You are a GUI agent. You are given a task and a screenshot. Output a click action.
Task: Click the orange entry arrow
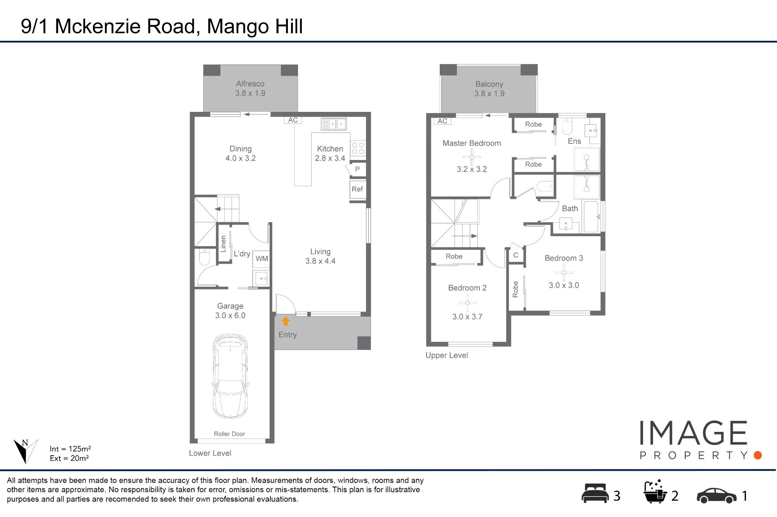click(x=286, y=321)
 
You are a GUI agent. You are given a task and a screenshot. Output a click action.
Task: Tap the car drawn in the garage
click(x=230, y=376)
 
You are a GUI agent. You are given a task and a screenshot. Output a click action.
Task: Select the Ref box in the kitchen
click(x=357, y=190)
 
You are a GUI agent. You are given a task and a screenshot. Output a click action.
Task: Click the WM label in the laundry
click(x=261, y=259)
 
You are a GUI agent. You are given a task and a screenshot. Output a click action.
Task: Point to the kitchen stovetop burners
click(x=358, y=148)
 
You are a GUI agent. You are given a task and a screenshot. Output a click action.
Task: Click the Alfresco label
click(x=250, y=84)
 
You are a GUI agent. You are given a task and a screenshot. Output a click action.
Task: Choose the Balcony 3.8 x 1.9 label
click(x=489, y=89)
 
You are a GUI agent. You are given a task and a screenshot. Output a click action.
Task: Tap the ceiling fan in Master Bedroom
click(x=472, y=157)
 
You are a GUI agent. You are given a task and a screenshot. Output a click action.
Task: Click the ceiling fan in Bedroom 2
click(x=467, y=303)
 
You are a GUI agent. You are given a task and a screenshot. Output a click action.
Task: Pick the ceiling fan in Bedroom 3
click(x=564, y=272)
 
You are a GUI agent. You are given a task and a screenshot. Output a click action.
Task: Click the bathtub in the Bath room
click(x=591, y=217)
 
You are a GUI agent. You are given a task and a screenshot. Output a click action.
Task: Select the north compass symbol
click(x=26, y=451)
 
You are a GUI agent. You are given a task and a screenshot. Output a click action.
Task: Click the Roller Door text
click(x=229, y=434)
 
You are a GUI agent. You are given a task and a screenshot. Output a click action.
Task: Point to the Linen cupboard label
click(x=223, y=244)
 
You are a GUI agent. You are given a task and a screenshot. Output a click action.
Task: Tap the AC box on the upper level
click(x=443, y=121)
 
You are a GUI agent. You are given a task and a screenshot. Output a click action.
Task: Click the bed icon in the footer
click(x=595, y=493)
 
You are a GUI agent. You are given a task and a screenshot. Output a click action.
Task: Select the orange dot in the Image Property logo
click(x=758, y=455)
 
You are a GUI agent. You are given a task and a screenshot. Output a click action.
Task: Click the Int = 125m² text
click(x=70, y=449)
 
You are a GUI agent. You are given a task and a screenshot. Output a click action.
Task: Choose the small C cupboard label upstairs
click(x=516, y=255)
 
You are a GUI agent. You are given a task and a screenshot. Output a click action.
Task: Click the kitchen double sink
click(x=334, y=124)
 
